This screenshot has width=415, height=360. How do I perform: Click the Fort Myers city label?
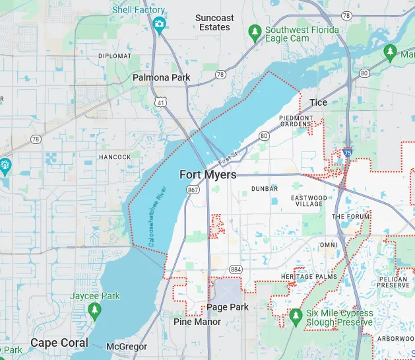pyautogui.click(x=208, y=174)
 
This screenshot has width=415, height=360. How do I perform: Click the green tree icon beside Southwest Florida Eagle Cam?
pyautogui.click(x=255, y=32)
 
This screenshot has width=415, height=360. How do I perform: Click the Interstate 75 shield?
pyautogui.click(x=347, y=153)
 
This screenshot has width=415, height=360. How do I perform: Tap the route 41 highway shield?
pyautogui.click(x=161, y=102)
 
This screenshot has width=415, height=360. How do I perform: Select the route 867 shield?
pyautogui.click(x=193, y=190)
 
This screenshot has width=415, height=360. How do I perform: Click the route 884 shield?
pyautogui.click(x=236, y=269)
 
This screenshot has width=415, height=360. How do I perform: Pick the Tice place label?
pyautogui.click(x=318, y=102)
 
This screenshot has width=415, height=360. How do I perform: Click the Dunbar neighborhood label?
pyautogui.click(x=265, y=189)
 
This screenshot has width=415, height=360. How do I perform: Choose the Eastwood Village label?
pyautogui.click(x=308, y=201)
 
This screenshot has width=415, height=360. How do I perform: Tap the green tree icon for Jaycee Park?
pyautogui.click(x=96, y=309)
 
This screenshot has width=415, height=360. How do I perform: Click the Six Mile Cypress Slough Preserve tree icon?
pyautogui.click(x=295, y=318)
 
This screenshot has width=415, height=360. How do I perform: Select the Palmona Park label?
pyautogui.click(x=162, y=77)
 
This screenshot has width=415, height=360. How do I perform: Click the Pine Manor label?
pyautogui.click(x=197, y=322)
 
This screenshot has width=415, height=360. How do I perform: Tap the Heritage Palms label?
pyautogui.click(x=309, y=276)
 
